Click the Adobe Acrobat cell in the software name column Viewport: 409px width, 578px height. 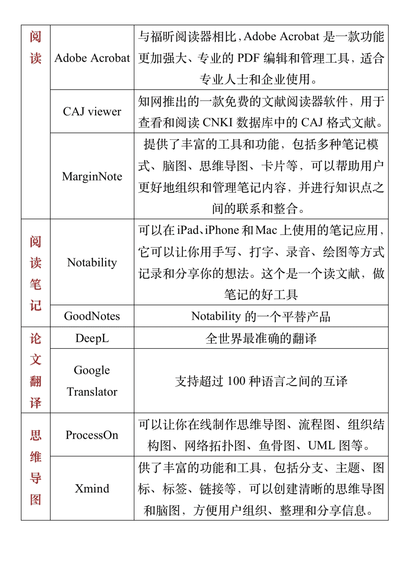click(92, 58)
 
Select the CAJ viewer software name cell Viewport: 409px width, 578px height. click(92, 112)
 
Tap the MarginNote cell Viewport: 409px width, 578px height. click(92, 176)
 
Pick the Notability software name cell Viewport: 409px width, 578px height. click(92, 262)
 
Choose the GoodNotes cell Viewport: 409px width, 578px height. click(92, 316)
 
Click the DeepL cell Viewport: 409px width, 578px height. click(92, 338)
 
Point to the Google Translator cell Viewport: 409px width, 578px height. click(92, 381)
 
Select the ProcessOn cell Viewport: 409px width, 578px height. click(92, 435)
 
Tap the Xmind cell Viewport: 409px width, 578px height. click(92, 488)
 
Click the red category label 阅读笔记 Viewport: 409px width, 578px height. click(36, 273)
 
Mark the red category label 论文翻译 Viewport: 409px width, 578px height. click(36, 370)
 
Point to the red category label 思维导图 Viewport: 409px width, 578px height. click(36, 467)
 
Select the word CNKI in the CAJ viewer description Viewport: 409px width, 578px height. click(218, 123)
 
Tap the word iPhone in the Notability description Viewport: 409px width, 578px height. click(222, 230)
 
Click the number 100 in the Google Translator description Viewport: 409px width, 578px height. click(236, 381)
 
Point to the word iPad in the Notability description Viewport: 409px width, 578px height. click(188, 230)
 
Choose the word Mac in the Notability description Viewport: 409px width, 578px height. click(266, 230)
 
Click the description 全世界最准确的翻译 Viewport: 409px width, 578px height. click(261, 338)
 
